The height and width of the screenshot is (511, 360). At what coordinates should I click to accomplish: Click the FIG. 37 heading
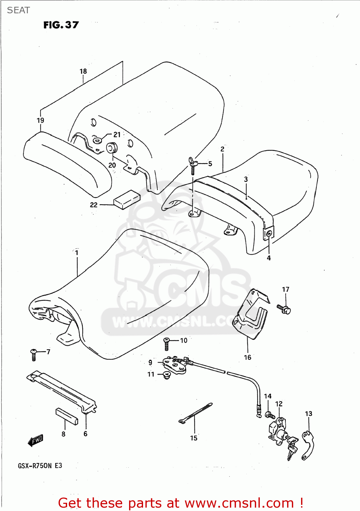point(61,25)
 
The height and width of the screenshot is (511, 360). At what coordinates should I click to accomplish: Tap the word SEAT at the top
point(18,10)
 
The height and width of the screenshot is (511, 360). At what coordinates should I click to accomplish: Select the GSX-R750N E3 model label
point(40,466)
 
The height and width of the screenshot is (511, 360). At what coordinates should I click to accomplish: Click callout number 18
point(83,71)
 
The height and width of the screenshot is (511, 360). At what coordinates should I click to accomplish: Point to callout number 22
point(94,205)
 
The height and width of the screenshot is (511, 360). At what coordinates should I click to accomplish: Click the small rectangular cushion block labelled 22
point(127,199)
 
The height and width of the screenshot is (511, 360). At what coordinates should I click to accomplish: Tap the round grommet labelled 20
point(112,148)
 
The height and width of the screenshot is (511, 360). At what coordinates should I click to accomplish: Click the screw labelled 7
point(34,354)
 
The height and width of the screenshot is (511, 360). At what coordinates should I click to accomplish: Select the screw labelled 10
point(167,344)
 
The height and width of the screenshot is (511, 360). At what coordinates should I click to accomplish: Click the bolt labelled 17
point(284,309)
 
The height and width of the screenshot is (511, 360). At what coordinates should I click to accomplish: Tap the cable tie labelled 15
point(195,413)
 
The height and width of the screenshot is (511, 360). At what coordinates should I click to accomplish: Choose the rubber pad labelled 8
point(67,416)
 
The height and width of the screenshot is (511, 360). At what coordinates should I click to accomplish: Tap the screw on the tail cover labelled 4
point(269,234)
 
